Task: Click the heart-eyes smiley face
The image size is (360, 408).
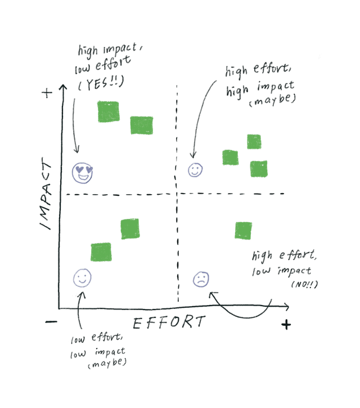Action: click(83, 172)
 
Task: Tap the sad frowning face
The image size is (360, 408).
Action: click(200, 279)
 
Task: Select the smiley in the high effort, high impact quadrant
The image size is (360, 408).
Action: click(195, 169)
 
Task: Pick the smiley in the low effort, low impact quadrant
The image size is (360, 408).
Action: click(83, 277)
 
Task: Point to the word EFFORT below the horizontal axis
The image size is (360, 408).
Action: click(169, 322)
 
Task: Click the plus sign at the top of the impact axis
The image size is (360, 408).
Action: click(47, 93)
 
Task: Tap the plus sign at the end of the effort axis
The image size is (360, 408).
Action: click(286, 324)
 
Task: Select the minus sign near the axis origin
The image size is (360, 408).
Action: click(51, 322)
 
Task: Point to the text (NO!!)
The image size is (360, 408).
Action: click(304, 284)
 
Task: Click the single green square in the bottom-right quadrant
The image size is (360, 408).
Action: click(243, 230)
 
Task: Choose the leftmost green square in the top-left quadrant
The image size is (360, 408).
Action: click(109, 111)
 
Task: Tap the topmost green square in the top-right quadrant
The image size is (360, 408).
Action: click(254, 142)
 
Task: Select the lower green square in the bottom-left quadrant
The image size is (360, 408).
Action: click(101, 252)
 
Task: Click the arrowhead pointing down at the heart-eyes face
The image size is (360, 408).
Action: click(76, 151)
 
